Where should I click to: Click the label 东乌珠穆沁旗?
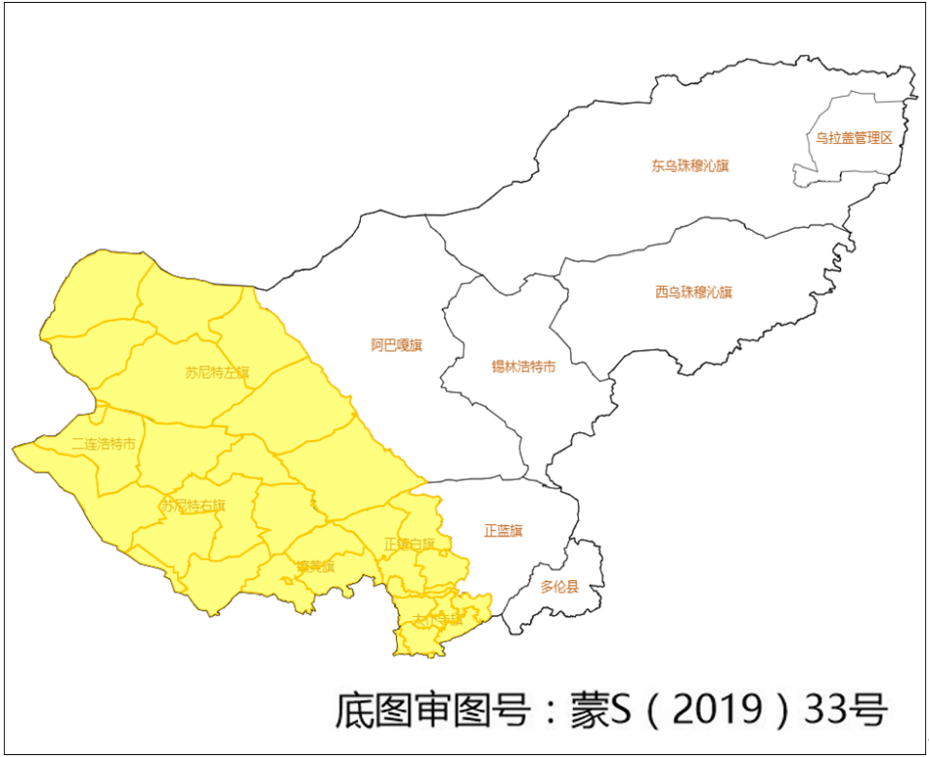point(690,165)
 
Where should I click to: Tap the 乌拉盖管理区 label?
point(853,137)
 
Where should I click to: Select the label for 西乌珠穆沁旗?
point(694,291)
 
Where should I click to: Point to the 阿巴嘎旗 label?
point(397,344)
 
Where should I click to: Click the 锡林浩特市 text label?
point(524,366)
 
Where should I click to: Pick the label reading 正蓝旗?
point(503,531)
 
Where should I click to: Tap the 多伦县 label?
point(559,587)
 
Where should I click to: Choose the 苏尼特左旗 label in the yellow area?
point(217,371)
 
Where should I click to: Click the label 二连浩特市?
point(104,444)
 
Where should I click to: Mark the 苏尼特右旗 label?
point(193,506)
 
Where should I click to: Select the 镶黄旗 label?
point(315,567)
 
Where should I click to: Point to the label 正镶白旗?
point(409,543)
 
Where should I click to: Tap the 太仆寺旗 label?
point(437,619)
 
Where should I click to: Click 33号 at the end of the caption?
point(846,710)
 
